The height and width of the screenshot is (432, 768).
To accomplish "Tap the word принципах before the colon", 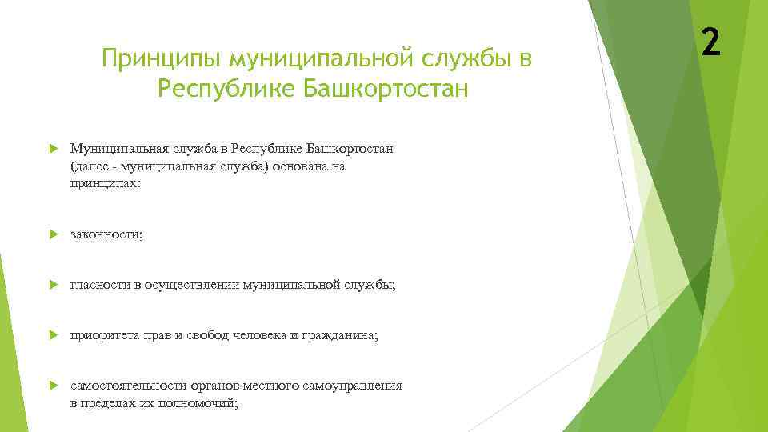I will [x=102, y=184].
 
